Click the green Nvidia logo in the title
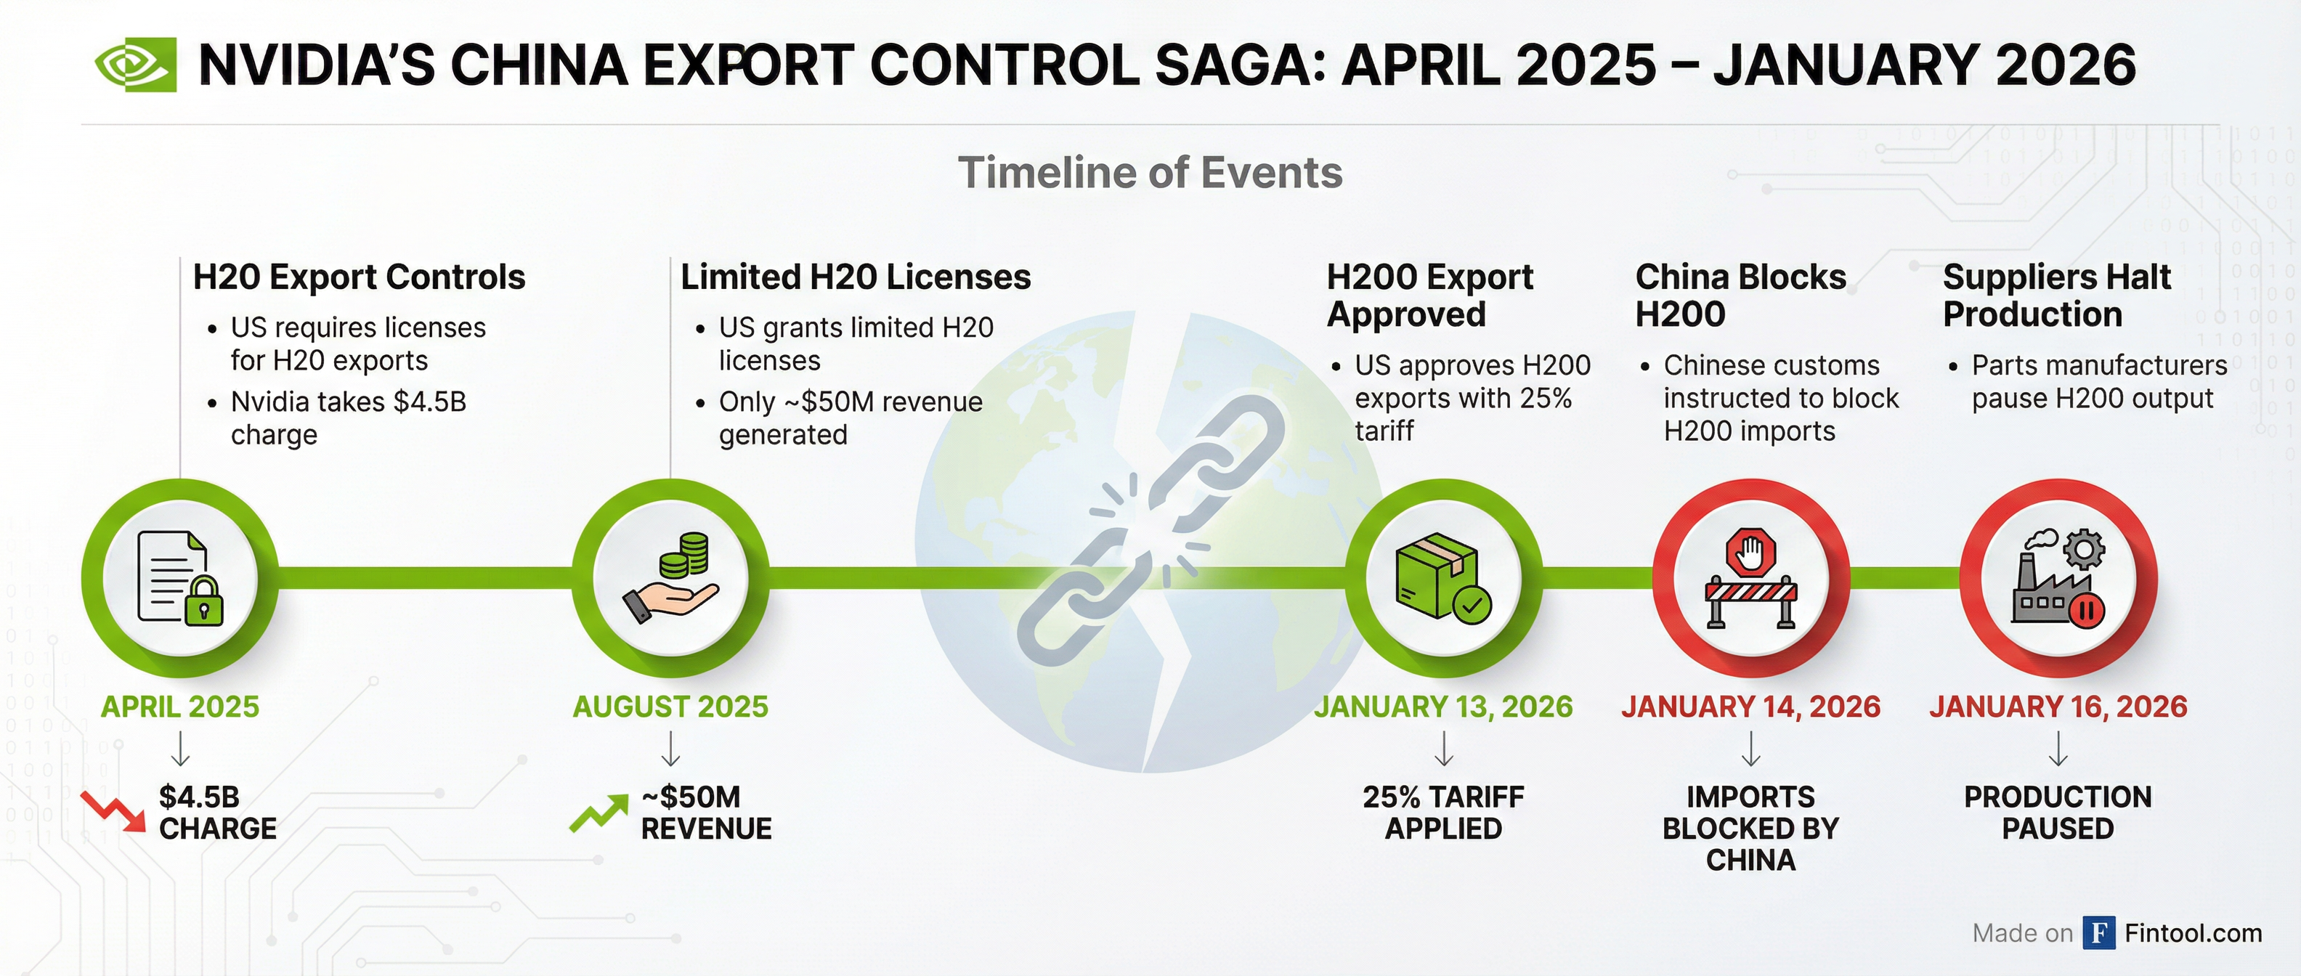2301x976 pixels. [136, 65]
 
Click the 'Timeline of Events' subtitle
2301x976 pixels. [1150, 172]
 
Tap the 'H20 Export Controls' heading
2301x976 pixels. [359, 277]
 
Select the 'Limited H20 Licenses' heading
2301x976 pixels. [856, 277]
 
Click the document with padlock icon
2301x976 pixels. [180, 578]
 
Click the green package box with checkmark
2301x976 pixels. [1442, 578]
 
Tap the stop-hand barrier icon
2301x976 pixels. [1750, 578]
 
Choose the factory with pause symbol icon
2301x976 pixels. [2058, 578]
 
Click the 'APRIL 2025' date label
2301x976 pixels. [179, 707]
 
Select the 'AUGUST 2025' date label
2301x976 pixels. [670, 707]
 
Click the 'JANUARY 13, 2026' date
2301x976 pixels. [1443, 707]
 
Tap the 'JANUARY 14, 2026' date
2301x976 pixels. [1750, 707]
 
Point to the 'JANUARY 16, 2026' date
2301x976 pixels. [2058, 707]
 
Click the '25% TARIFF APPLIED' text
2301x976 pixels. [1443, 813]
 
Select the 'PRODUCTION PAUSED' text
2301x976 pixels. [2058, 813]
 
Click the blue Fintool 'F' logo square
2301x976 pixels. [2099, 933]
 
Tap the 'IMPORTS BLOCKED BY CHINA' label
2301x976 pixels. [1750, 828]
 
